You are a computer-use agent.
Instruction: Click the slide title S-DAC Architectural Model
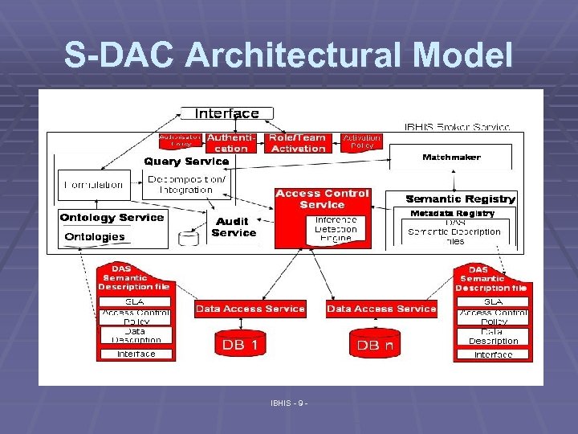pyautogui.click(x=288, y=55)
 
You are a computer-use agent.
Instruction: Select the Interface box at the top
pyautogui.click(x=227, y=113)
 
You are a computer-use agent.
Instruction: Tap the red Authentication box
pyautogui.click(x=231, y=143)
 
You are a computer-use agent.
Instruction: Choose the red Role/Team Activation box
pyautogui.click(x=299, y=143)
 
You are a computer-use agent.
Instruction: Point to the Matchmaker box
pyautogui.click(x=451, y=158)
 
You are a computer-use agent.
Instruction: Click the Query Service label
pyautogui.click(x=186, y=161)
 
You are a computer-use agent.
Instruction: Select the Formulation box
pyautogui.click(x=94, y=185)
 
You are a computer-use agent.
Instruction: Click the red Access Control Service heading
pyautogui.click(x=322, y=199)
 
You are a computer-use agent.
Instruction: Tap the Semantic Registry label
pyautogui.click(x=460, y=199)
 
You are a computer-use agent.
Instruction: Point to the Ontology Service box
pyautogui.click(x=112, y=217)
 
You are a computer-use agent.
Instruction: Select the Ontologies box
pyautogui.click(x=95, y=237)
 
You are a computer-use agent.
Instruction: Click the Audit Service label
pyautogui.click(x=234, y=227)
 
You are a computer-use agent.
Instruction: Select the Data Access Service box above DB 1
pyautogui.click(x=250, y=309)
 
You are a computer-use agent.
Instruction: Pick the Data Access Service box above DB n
pyautogui.click(x=381, y=309)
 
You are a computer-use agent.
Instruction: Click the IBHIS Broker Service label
pyautogui.click(x=457, y=126)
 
